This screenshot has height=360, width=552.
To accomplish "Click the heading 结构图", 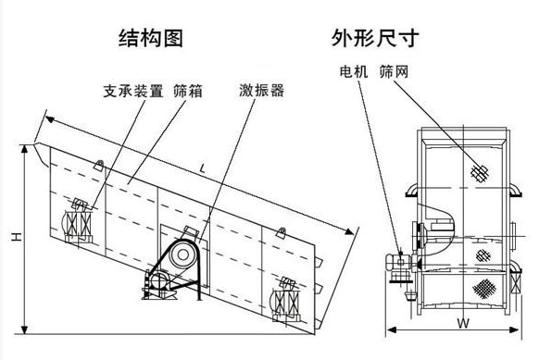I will click(x=152, y=38).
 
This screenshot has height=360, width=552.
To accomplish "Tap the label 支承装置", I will click(x=132, y=91).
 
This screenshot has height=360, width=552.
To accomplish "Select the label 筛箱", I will click(x=188, y=91).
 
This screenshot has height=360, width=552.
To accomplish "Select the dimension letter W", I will click(x=460, y=324).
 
